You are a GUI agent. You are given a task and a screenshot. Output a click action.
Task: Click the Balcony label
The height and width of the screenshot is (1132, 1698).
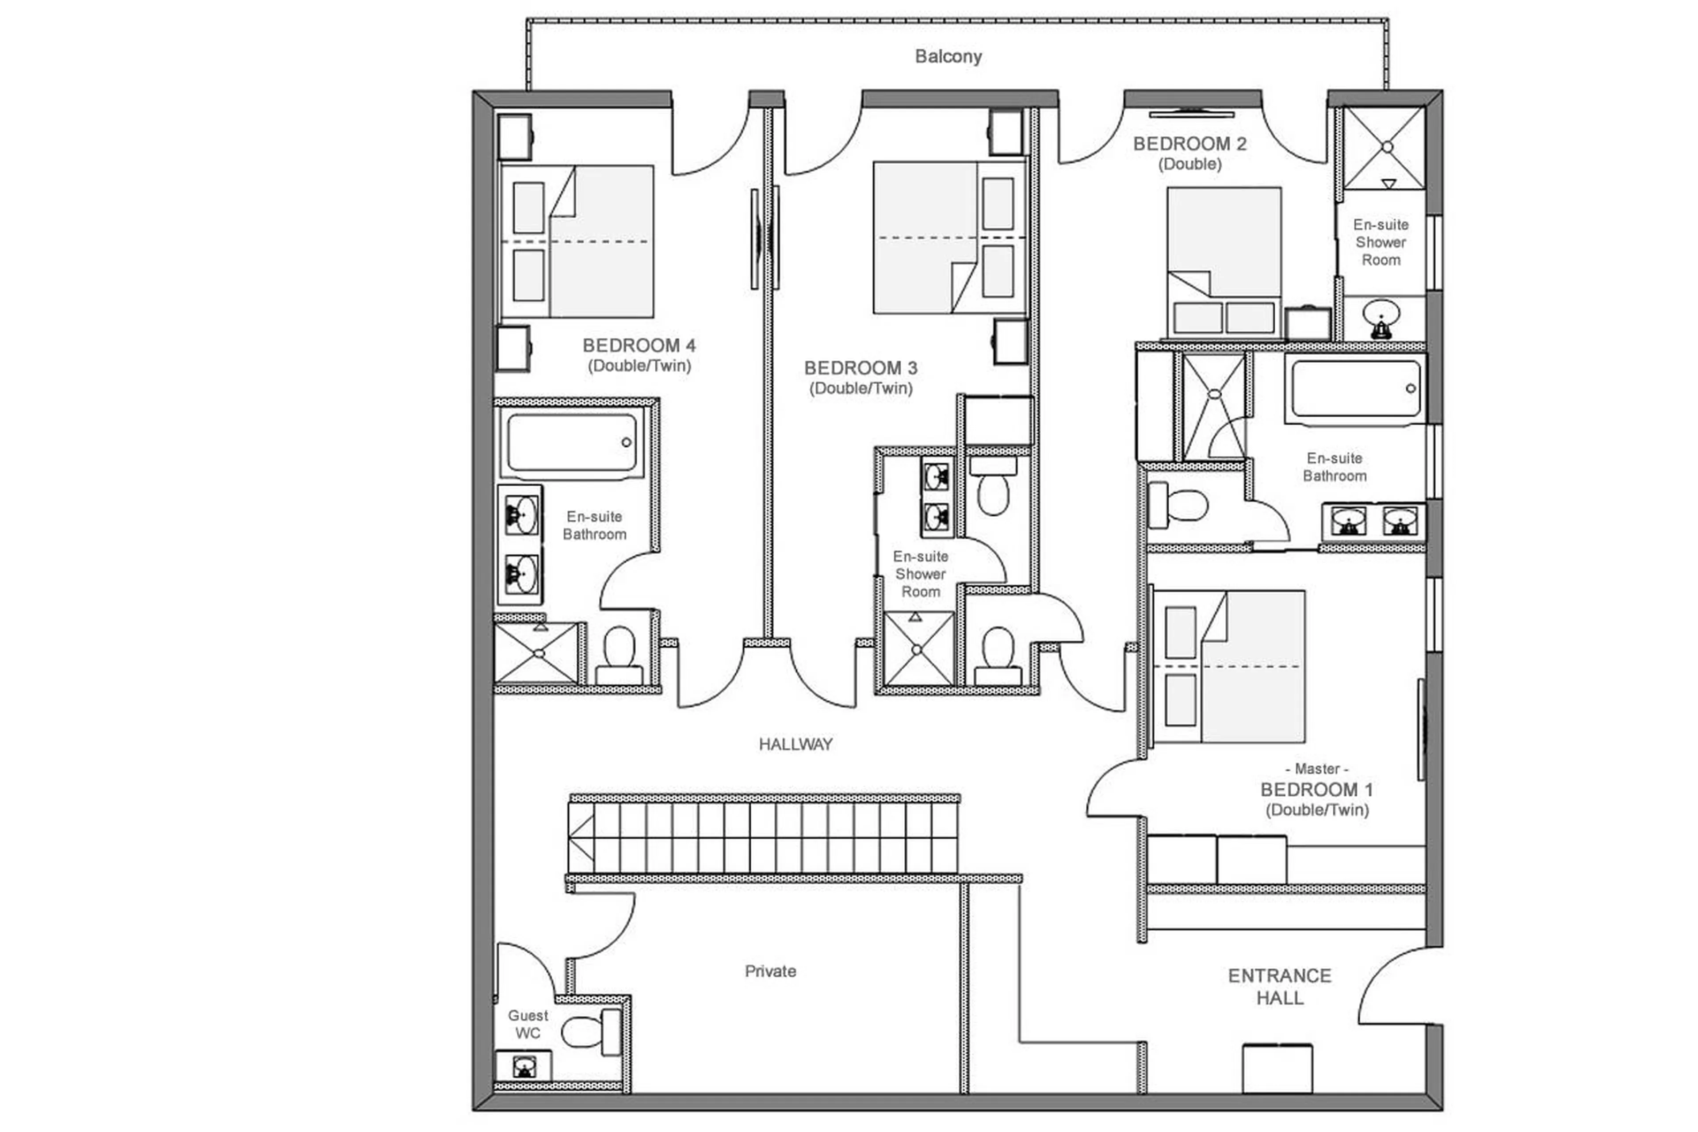[x=948, y=56]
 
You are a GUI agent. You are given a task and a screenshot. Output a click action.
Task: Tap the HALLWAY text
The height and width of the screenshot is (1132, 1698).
[x=795, y=744]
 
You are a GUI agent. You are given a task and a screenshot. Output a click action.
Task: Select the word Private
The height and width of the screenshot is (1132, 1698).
[x=770, y=971]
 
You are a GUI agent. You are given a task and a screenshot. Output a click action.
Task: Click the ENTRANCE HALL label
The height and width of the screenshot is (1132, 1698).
[x=1279, y=986]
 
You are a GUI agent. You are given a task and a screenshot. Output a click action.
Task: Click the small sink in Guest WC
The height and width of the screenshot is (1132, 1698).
[x=524, y=1066]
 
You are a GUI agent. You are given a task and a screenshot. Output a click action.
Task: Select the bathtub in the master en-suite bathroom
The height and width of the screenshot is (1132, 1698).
[x=1355, y=388]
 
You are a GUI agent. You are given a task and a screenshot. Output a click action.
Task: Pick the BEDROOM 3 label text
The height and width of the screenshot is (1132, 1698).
[x=860, y=368]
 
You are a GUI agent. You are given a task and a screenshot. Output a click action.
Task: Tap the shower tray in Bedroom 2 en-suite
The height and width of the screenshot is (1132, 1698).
[x=1384, y=147]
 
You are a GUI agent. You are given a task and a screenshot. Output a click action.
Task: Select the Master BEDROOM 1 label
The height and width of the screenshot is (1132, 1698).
[x=1316, y=789]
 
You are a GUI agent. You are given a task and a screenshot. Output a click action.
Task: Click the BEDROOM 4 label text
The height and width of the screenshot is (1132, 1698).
[x=639, y=346]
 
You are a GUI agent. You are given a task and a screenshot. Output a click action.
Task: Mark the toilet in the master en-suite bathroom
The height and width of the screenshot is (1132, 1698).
[x=1179, y=505]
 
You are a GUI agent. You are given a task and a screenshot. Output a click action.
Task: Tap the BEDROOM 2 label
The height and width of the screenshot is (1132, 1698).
[x=1189, y=144]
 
